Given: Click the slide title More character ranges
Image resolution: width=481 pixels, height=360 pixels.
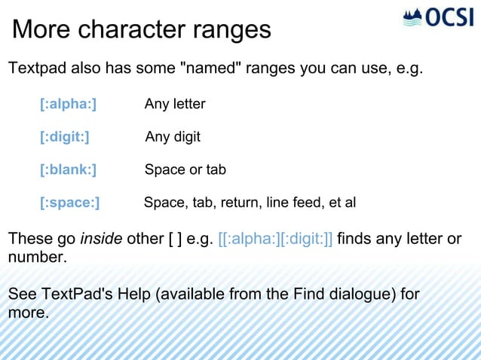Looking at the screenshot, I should pyautogui.click(x=142, y=30).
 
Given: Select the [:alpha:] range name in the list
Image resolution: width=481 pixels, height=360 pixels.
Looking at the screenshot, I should pyautogui.click(x=68, y=104).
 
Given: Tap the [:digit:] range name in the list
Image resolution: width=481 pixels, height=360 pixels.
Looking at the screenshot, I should pyautogui.click(x=64, y=137).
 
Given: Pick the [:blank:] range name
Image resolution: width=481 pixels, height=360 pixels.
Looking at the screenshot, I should pyautogui.click(x=68, y=169).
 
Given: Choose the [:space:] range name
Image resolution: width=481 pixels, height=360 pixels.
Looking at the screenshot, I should pyautogui.click(x=69, y=203).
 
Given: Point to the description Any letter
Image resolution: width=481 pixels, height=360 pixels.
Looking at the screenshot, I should pyautogui.click(x=175, y=104).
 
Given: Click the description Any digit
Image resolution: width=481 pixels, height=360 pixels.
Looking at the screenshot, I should pyautogui.click(x=173, y=137).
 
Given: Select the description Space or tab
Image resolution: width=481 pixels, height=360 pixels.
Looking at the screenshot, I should pyautogui.click(x=185, y=169).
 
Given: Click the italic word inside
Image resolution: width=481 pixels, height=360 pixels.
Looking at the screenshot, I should pyautogui.click(x=101, y=239).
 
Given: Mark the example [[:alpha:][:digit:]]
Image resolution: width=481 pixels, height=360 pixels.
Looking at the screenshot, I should pyautogui.click(x=275, y=239).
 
